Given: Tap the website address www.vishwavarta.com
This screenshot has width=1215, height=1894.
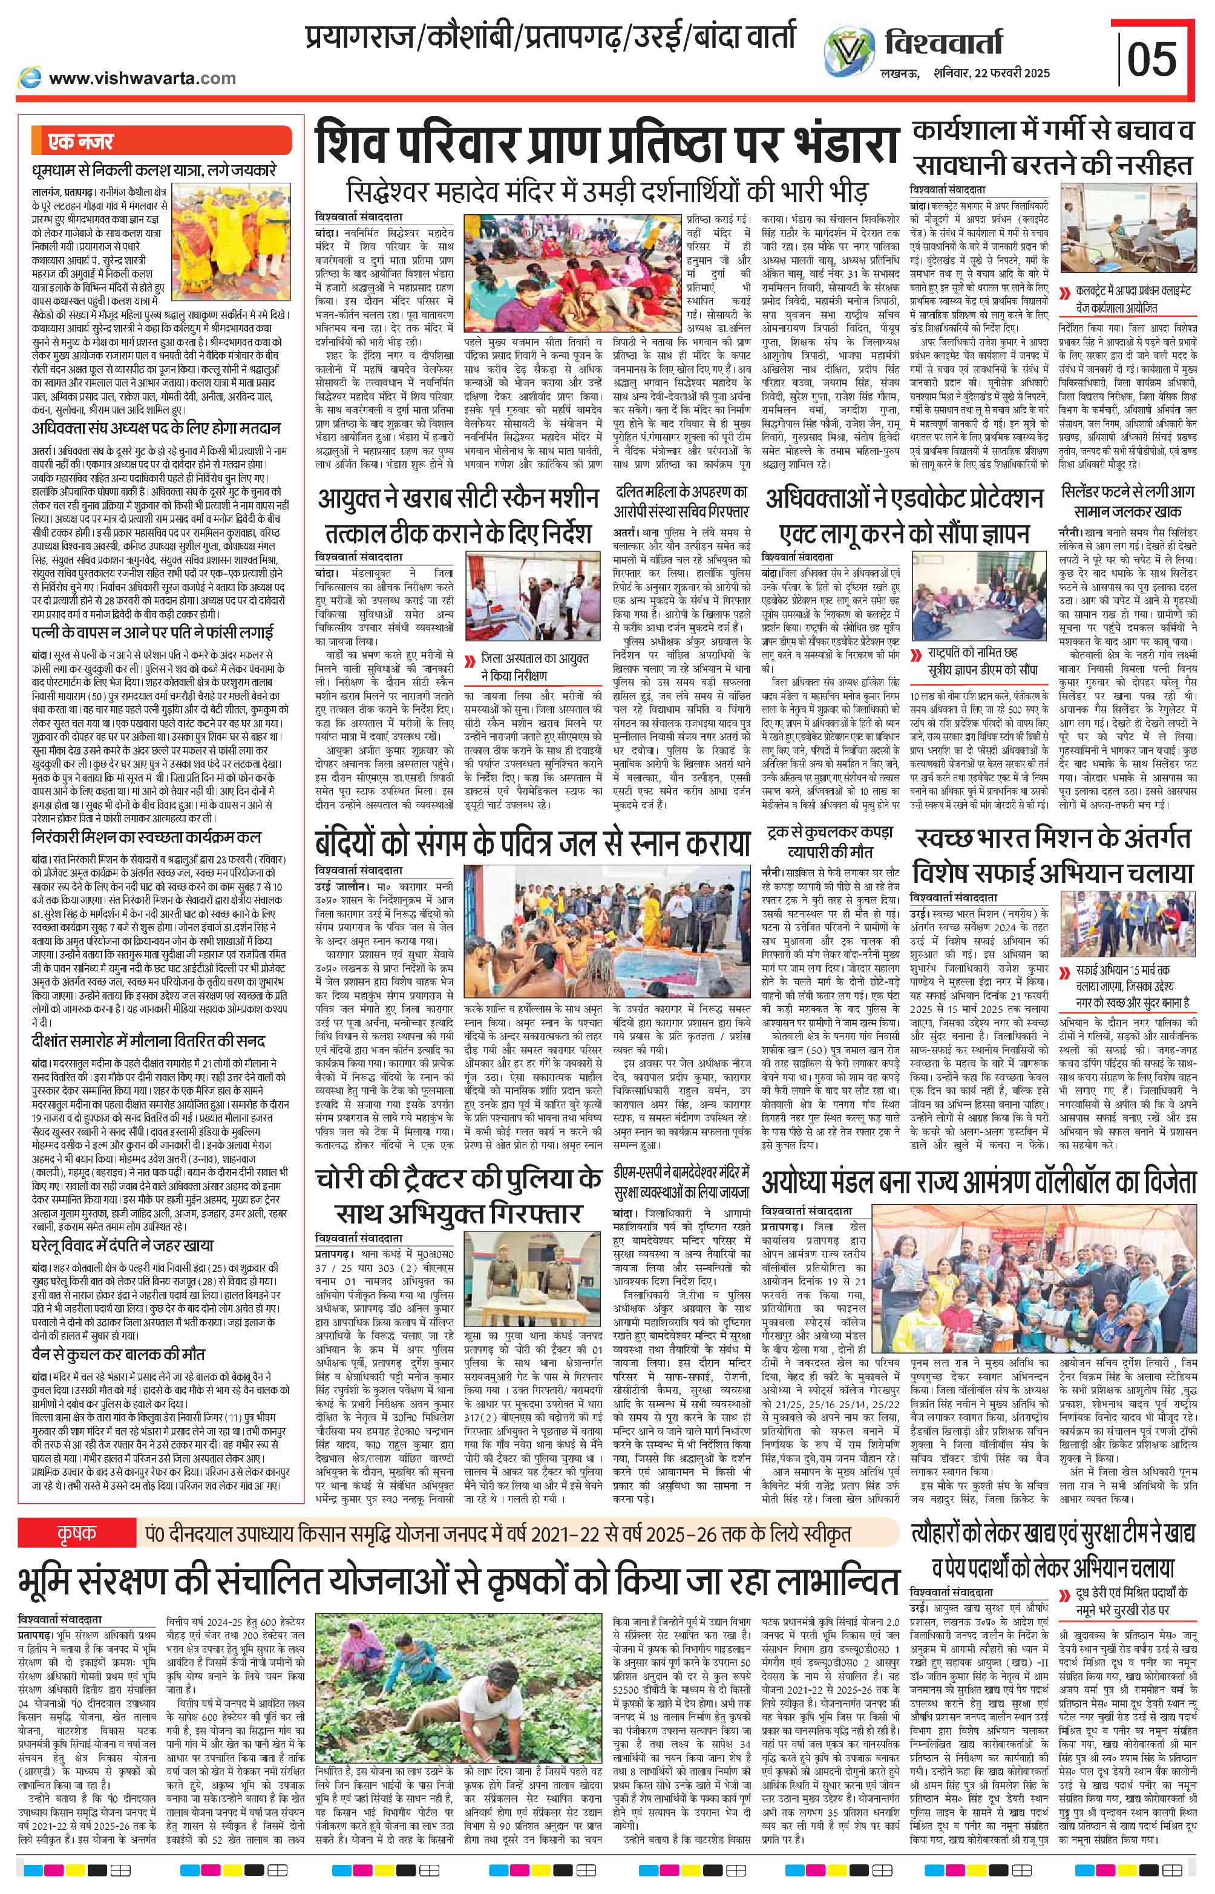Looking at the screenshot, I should tap(142, 78).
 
